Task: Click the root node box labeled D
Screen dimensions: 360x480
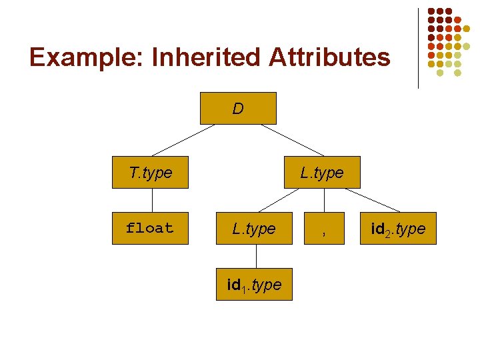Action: click(238, 108)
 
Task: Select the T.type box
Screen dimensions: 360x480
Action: click(151, 173)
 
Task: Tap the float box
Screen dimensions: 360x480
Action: click(150, 228)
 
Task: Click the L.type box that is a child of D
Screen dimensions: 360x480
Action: click(322, 173)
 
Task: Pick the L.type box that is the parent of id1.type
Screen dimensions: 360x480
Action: click(254, 229)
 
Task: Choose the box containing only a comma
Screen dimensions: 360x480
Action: click(323, 229)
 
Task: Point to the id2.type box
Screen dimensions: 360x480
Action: click(399, 229)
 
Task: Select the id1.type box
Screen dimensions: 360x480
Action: click(254, 285)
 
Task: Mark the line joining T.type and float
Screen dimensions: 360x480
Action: click(152, 200)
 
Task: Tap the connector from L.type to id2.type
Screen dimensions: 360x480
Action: click(373, 201)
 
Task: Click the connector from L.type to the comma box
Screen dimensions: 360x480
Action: click(323, 200)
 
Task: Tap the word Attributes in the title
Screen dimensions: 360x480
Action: click(329, 57)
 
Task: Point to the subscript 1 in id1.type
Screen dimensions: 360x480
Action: click(243, 289)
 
